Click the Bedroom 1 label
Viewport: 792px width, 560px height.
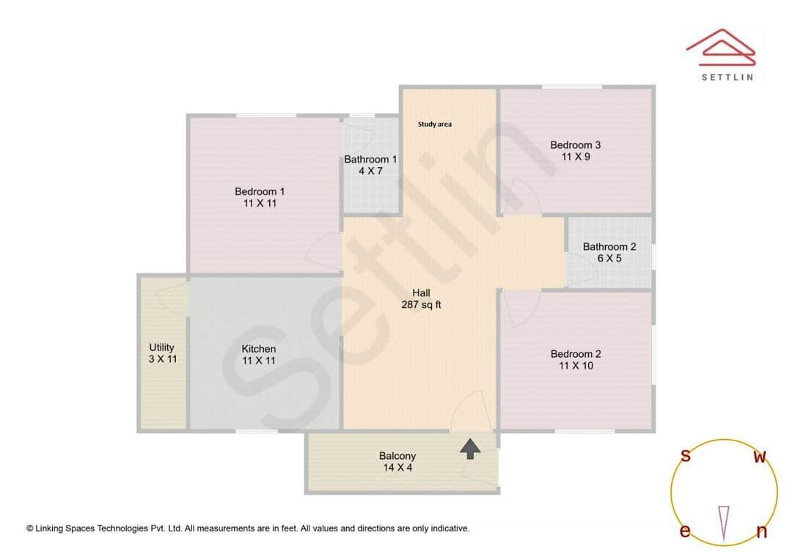[260, 192]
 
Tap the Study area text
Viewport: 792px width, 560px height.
[434, 125]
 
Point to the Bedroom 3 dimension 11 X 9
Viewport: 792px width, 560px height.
[576, 156]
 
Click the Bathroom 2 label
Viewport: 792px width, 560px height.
[609, 246]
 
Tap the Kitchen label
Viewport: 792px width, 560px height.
[259, 349]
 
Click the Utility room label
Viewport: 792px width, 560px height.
[162, 347]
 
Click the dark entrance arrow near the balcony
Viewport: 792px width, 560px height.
[470, 448]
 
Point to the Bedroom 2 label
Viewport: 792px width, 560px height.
[576, 354]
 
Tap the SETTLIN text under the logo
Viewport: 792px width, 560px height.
[727, 76]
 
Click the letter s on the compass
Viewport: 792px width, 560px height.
[686, 456]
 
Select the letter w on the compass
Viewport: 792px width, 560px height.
[760, 457]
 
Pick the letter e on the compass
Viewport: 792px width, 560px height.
[685, 531]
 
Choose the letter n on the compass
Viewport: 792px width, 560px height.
[761, 532]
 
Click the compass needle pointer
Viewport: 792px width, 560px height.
[724, 521]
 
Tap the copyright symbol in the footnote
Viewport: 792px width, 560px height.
[30, 528]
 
